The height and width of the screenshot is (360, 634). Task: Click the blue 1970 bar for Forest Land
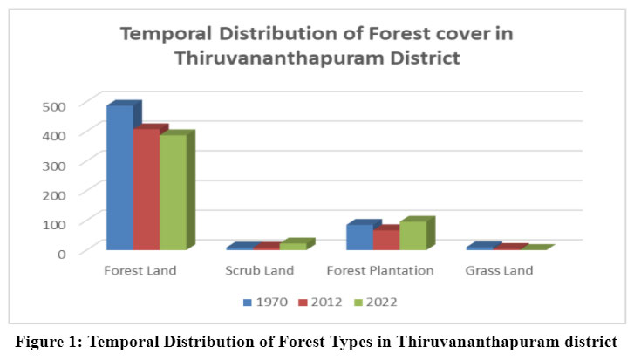[120, 177]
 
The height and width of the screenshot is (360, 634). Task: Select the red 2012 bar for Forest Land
[147, 189]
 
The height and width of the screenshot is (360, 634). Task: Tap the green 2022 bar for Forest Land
[173, 192]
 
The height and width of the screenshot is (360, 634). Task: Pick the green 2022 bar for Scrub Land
[293, 246]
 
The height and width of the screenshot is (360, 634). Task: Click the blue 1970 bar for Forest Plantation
[360, 237]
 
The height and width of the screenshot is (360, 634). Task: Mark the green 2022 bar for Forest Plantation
[413, 235]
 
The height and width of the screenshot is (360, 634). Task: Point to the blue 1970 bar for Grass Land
[480, 248]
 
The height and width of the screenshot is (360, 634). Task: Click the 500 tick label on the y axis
[54, 106]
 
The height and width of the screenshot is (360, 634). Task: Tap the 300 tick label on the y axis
[54, 166]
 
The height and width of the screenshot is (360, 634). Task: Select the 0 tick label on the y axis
[61, 255]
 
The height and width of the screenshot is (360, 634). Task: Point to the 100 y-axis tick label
[54, 225]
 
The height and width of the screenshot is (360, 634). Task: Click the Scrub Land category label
[260, 270]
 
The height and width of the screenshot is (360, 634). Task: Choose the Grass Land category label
[499, 270]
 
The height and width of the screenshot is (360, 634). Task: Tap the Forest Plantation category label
[380, 270]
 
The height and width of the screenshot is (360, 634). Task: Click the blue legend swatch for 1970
[248, 302]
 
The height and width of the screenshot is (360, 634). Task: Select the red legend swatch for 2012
[303, 302]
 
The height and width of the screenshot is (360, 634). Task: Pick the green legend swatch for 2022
[358, 302]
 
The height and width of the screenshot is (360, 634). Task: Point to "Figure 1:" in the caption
[49, 342]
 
